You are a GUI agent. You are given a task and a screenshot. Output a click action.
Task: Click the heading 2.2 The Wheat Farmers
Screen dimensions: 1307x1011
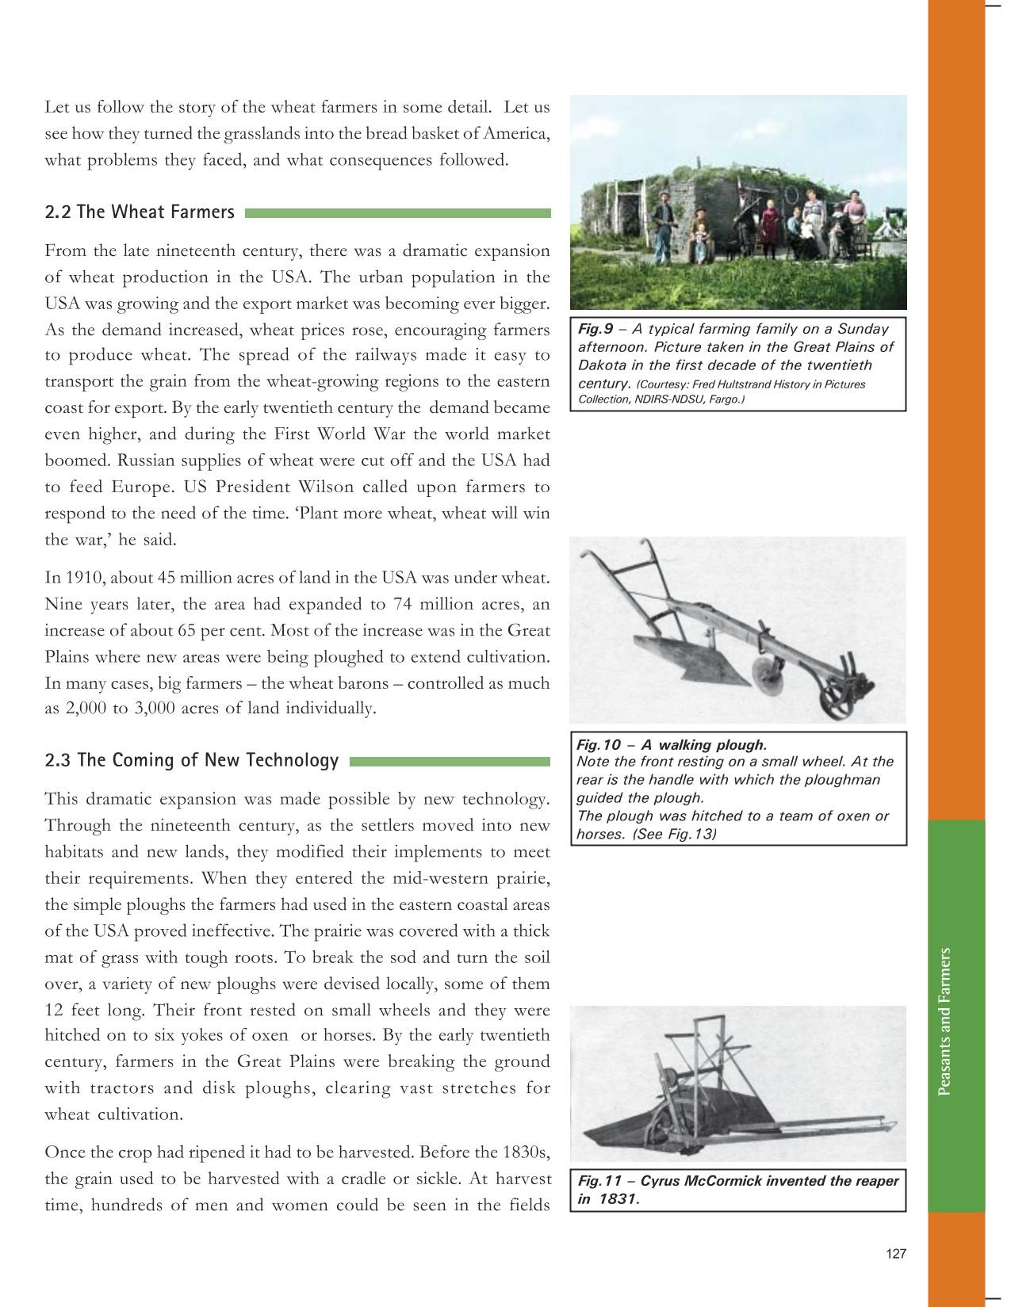[x=140, y=212]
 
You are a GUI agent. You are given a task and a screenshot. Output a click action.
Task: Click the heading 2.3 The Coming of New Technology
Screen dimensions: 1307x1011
[x=191, y=761]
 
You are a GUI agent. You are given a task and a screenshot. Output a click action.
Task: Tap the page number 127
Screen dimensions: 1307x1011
[x=895, y=1254]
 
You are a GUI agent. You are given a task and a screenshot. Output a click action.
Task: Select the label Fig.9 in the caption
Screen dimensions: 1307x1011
[x=591, y=329]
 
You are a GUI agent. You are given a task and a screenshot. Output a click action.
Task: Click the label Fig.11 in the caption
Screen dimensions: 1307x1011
[x=599, y=1181]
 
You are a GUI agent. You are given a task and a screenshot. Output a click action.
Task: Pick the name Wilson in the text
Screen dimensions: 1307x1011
[x=323, y=487]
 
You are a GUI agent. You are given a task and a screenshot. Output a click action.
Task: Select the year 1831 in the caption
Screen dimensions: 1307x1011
[x=618, y=1198]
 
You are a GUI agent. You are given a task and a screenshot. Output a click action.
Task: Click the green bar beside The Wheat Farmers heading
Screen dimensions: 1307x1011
[x=398, y=213]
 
